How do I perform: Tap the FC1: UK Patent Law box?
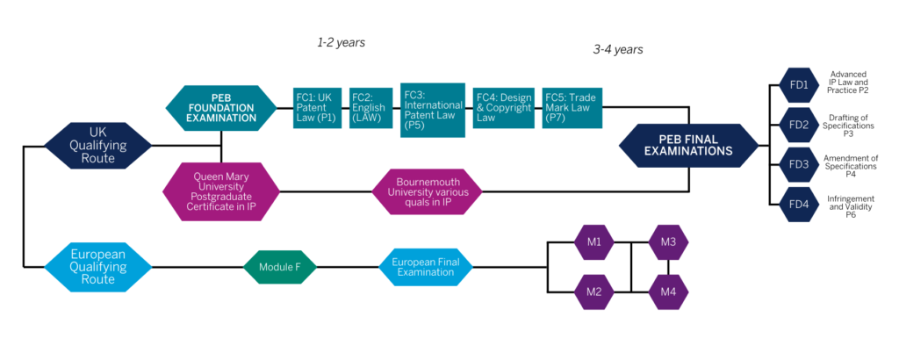pos(318,108)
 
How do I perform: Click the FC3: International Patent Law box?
pos(432,110)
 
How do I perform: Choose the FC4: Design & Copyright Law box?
pos(503,108)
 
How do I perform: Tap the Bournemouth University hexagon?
pos(428,191)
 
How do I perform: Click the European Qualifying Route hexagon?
pos(98,265)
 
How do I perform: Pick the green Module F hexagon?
pos(278,265)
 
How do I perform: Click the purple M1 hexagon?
pos(593,242)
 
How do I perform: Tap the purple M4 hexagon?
pos(668,290)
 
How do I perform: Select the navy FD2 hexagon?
pos(798,125)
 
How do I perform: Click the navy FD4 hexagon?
pos(798,205)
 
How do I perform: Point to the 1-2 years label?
pos(341,41)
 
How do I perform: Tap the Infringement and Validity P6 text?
pos(851,205)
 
